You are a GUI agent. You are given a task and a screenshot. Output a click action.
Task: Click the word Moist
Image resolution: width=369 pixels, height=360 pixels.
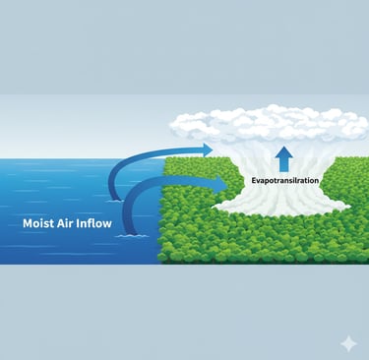point(41,223)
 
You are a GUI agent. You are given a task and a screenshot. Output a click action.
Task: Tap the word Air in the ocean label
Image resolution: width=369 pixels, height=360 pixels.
point(75,223)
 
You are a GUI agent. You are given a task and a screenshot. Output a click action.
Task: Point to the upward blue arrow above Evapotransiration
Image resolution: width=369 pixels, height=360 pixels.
point(282,159)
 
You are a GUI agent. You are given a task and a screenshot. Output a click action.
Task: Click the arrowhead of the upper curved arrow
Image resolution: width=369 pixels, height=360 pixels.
point(207,150)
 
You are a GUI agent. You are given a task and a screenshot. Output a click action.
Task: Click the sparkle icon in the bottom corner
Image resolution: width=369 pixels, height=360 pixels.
point(347,343)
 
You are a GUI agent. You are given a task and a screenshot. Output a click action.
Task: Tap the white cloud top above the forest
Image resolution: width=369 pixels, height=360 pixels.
point(276,126)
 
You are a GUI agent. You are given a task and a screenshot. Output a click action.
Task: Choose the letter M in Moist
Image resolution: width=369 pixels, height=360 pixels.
point(29,223)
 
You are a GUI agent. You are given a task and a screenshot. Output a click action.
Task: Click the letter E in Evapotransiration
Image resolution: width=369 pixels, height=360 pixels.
point(251,181)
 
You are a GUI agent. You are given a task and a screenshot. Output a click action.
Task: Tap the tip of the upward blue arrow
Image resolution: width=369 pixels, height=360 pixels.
point(282,150)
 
